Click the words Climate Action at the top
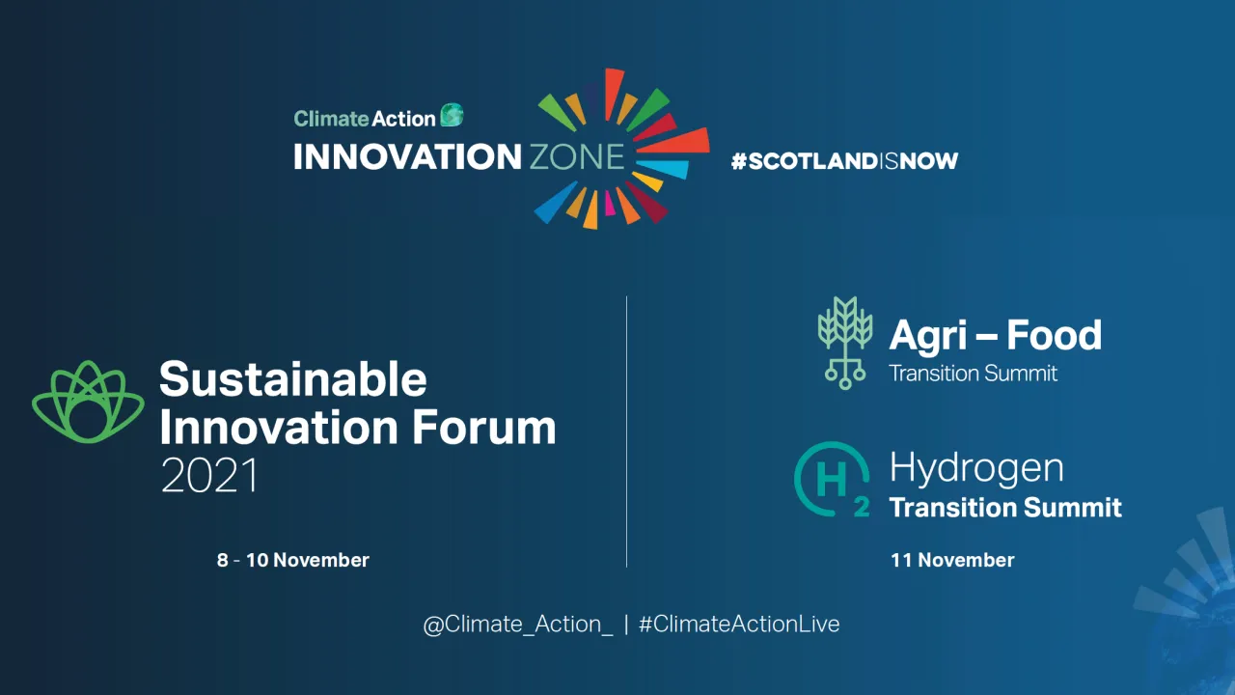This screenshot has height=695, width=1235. click(x=364, y=119)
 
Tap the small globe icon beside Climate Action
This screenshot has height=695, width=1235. click(x=452, y=116)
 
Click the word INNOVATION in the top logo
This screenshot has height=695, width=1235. click(x=406, y=156)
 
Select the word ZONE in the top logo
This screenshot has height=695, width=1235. click(x=576, y=156)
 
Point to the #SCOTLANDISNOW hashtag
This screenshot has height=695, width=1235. click(x=844, y=161)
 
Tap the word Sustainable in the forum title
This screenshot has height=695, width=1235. click(x=292, y=379)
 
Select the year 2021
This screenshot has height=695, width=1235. click(x=209, y=476)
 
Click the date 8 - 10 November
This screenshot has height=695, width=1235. click(x=292, y=560)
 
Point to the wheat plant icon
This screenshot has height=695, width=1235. click(x=845, y=342)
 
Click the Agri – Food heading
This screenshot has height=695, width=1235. click(x=995, y=335)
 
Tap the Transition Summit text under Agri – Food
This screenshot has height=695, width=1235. click(x=973, y=374)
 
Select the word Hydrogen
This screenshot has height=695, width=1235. click(x=975, y=468)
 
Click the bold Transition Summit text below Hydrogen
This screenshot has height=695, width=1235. click(x=1005, y=508)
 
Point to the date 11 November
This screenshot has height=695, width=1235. click(x=951, y=560)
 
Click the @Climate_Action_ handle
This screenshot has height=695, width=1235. click(x=517, y=625)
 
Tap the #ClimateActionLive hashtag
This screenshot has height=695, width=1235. click(x=739, y=625)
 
